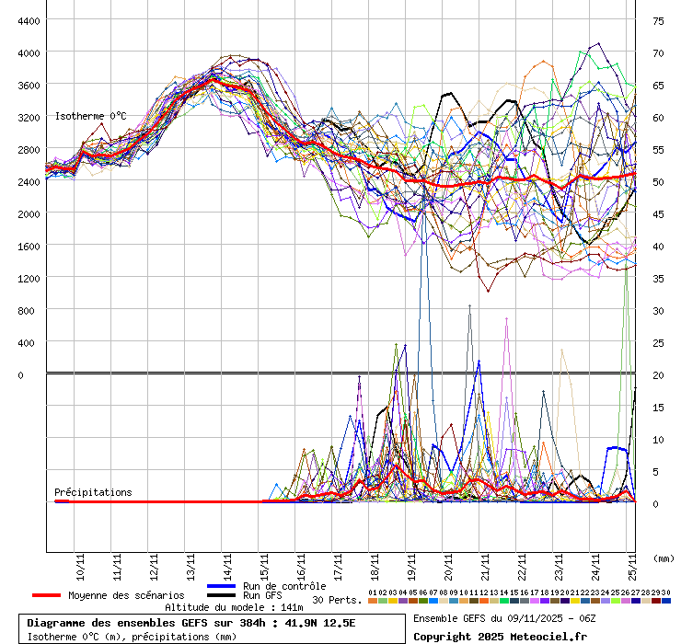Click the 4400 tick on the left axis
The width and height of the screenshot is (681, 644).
pos(28,20)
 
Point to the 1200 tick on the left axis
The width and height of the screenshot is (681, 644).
pos(28,278)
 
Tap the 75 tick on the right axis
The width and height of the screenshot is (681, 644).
pos(659,20)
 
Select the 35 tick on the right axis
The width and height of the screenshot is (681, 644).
pos(659,278)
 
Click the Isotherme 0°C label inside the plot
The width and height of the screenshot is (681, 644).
pos(90,117)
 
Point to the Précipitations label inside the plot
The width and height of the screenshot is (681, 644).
pos(93,492)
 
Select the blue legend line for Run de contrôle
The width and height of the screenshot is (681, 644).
pos(222,586)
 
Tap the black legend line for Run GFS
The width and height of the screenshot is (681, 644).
pos(222,596)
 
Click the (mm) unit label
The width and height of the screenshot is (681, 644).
pos(663,558)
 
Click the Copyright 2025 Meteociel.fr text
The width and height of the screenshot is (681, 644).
pos(500,636)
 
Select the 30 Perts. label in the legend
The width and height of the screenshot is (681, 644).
pos(336,600)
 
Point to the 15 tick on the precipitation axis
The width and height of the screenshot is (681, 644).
pos(658,407)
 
